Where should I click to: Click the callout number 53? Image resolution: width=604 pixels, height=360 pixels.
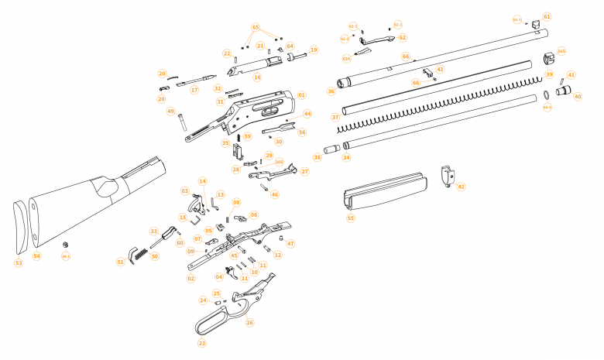click(x=19, y=263)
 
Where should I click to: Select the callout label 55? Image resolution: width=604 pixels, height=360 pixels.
click(x=351, y=219)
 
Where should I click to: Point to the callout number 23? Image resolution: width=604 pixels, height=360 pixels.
click(x=202, y=343)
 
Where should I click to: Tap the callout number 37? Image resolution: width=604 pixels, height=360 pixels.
click(x=335, y=118)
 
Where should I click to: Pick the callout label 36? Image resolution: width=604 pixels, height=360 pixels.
click(x=331, y=91)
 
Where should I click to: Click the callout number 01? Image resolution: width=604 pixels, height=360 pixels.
click(x=301, y=95)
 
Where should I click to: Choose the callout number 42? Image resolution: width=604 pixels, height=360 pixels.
click(x=462, y=187)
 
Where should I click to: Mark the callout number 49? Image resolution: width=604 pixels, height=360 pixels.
click(x=170, y=111)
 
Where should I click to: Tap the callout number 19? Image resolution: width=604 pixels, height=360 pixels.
click(x=314, y=50)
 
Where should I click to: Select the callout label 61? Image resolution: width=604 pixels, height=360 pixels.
click(x=547, y=16)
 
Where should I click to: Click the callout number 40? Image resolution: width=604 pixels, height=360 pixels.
click(x=578, y=97)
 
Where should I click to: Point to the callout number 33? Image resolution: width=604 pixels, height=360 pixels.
click(x=154, y=231)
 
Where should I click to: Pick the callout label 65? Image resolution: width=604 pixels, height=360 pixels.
click(x=256, y=27)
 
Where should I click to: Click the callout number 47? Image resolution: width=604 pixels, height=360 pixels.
click(x=291, y=244)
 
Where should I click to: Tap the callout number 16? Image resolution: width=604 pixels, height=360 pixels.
click(x=257, y=77)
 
